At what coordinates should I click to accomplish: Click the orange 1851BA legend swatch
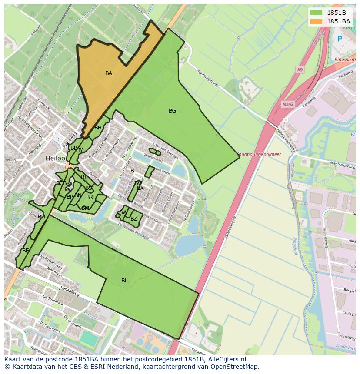[x=317, y=21]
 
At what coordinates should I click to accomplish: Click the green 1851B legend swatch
[x=317, y=13]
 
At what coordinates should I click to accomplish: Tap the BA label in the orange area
[x=109, y=73]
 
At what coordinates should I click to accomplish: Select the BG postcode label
[x=172, y=111]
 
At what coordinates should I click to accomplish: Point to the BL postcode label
[x=124, y=281]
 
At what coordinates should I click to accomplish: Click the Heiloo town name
[x=55, y=159]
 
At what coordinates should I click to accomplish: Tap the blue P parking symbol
[x=340, y=39]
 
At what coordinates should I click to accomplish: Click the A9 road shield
[x=300, y=69]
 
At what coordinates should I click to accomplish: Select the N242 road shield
[x=287, y=104]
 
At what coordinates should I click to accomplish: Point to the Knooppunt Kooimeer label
[x=259, y=154]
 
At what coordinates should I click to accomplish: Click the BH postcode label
[x=98, y=128]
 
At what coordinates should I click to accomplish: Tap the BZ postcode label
[x=134, y=219]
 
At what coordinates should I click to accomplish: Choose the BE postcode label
[x=26, y=251]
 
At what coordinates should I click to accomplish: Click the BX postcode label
[x=140, y=188]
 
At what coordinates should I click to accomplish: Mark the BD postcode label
[x=41, y=216]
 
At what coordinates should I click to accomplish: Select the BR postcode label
[x=90, y=197]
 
